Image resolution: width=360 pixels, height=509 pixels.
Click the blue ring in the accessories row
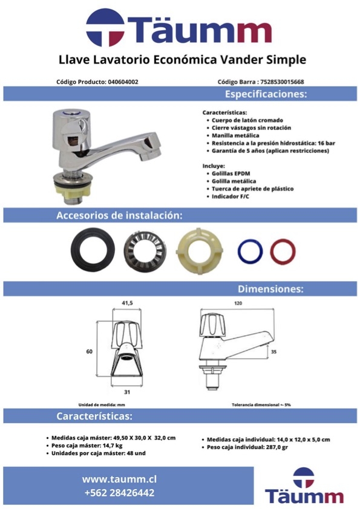(x=239, y=251)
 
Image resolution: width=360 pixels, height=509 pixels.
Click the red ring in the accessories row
(x=272, y=251)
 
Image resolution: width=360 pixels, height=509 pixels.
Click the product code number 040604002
(x=123, y=82)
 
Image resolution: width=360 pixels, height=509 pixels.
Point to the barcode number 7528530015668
(x=282, y=82)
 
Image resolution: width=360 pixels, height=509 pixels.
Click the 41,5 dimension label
(x=127, y=303)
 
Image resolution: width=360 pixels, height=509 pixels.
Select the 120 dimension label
(x=238, y=303)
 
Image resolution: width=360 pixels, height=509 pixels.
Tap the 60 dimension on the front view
(x=90, y=352)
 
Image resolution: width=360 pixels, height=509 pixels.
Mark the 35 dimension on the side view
(x=274, y=352)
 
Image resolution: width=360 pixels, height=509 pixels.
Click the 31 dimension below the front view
(x=127, y=392)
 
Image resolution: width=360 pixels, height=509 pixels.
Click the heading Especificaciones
(x=266, y=94)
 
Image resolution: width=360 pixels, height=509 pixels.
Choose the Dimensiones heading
(x=270, y=289)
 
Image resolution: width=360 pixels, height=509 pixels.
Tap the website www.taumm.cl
(x=119, y=479)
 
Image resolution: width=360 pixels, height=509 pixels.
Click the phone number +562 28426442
(x=119, y=493)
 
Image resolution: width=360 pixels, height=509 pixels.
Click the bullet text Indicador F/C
(x=231, y=196)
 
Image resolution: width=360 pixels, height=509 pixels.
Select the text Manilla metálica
(x=235, y=135)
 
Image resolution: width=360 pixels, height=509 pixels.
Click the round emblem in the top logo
(x=105, y=28)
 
